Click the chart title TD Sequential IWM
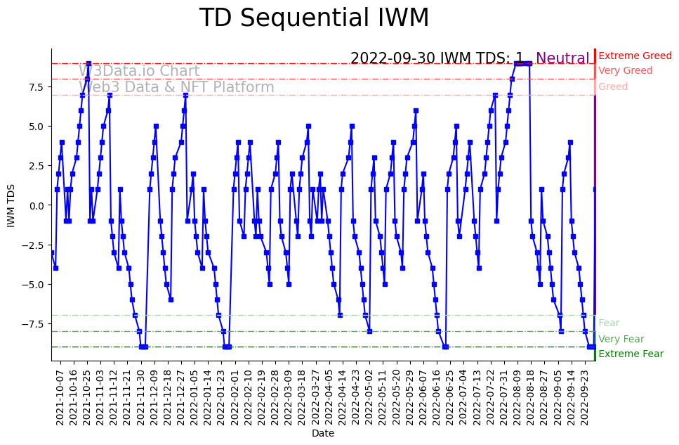coord(314,18)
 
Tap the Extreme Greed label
coord(635,56)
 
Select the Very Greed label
coord(625,71)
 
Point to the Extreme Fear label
coord(631,354)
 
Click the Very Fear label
coord(621,339)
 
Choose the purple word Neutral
coord(562,58)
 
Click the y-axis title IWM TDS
coord(11,205)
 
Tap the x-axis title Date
coord(323,434)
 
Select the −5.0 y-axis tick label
coord(34,285)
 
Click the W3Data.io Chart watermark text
coord(139,71)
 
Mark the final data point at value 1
coord(595,189)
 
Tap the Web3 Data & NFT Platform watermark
coord(176,87)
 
